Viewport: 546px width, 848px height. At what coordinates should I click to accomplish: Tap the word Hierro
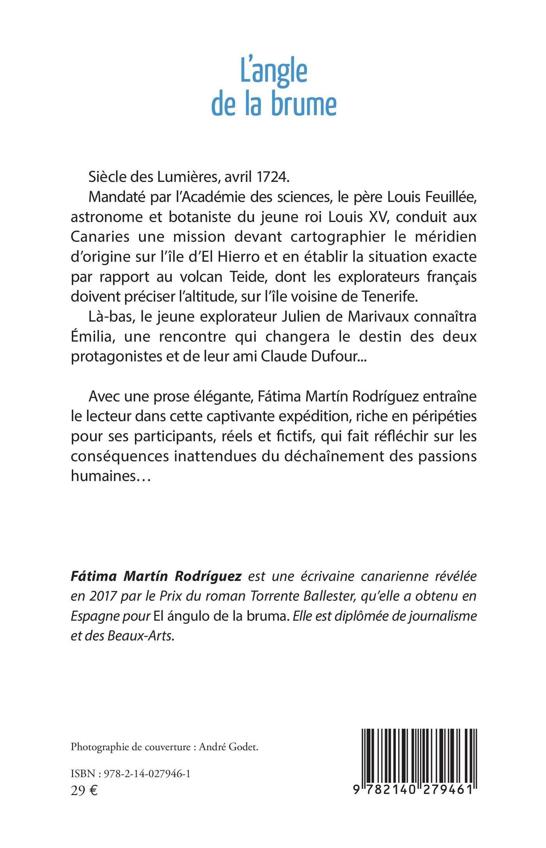point(210,257)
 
